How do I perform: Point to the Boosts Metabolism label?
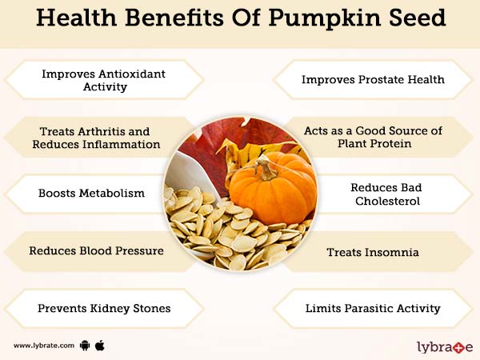pyautogui.click(x=91, y=193)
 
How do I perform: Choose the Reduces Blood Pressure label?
pyautogui.click(x=96, y=250)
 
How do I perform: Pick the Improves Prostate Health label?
pyautogui.click(x=373, y=79)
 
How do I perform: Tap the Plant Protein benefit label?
pyautogui.click(x=374, y=137)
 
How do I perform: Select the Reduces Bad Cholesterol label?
pyautogui.click(x=385, y=194)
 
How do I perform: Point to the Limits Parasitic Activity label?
pyautogui.click(x=373, y=307)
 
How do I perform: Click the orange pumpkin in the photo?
pyautogui.click(x=272, y=192)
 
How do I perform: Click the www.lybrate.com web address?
pyautogui.click(x=43, y=346)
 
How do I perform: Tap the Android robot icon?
pyautogui.click(x=85, y=346)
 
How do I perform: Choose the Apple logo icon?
pyautogui.click(x=100, y=345)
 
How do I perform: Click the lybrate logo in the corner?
pyautogui.click(x=445, y=346)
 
